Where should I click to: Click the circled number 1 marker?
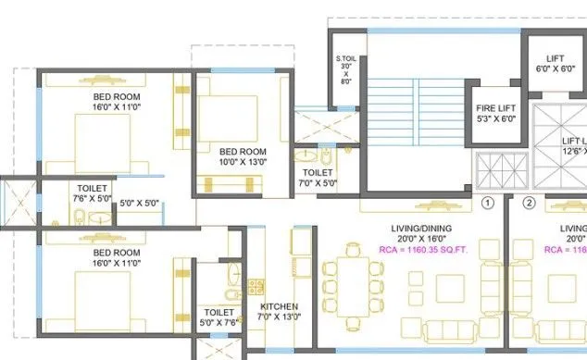coord(488,203)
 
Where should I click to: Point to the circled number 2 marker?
coord(529,203)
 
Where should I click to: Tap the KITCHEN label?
coord(278,305)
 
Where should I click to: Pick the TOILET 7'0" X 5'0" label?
coord(318,177)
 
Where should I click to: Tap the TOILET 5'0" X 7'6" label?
coord(219,317)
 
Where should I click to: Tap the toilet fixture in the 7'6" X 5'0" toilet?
coord(81,218)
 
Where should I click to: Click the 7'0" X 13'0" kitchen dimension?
coord(278,317)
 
